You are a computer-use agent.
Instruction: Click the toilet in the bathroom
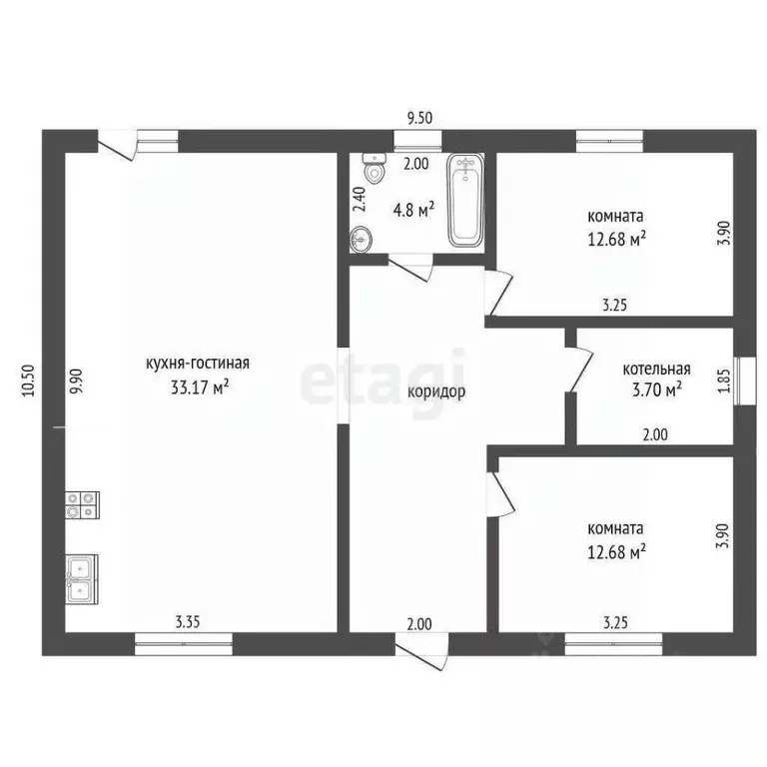[375, 168]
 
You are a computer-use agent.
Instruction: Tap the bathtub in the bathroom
[465, 200]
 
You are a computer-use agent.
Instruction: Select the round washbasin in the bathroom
[361, 240]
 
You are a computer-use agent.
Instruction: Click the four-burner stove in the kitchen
[82, 504]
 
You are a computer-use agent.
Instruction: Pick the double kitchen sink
[82, 579]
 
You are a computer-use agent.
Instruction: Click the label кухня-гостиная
[198, 364]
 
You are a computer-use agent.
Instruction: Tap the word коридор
[436, 391]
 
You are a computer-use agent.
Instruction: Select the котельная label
[656, 369]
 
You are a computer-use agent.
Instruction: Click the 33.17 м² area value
[200, 387]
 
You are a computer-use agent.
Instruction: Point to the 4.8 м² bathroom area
[413, 211]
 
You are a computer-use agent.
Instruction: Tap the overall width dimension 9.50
[419, 119]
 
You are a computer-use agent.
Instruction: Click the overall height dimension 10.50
[29, 381]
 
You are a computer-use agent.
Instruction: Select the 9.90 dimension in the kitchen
[76, 382]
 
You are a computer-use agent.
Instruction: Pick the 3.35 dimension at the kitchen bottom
[188, 622]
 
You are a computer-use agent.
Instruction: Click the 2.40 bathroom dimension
[359, 199]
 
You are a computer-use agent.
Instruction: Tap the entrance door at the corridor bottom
[421, 651]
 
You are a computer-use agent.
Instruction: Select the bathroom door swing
[410, 267]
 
